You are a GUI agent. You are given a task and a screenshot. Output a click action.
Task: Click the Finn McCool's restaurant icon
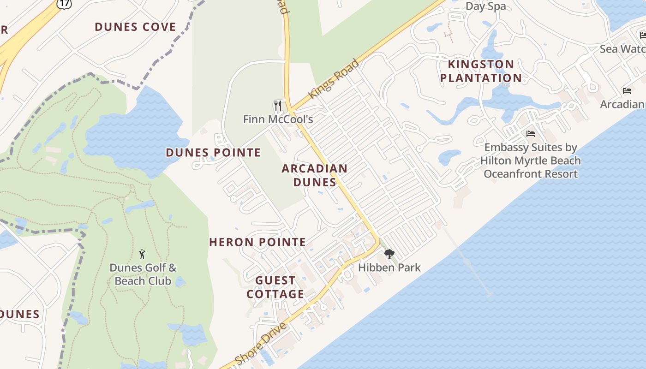(x=278, y=106)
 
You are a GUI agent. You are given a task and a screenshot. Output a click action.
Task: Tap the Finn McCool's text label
(x=278, y=119)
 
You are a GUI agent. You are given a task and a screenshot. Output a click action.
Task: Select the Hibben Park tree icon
(x=389, y=254)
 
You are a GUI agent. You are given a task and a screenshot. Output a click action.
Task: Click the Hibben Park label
(x=389, y=267)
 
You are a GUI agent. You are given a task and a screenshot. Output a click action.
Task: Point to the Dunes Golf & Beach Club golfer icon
(x=142, y=254)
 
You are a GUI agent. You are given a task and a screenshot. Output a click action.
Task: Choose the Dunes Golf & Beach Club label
(x=143, y=274)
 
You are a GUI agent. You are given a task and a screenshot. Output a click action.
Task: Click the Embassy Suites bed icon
(x=531, y=134)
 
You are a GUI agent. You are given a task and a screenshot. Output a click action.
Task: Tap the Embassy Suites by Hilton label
(x=530, y=161)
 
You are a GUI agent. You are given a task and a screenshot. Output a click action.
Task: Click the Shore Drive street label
(x=261, y=344)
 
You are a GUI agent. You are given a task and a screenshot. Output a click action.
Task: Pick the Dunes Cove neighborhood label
(x=135, y=27)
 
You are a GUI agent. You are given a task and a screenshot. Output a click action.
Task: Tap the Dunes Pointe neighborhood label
(x=213, y=153)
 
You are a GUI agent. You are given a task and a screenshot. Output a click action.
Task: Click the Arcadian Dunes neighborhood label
(x=315, y=175)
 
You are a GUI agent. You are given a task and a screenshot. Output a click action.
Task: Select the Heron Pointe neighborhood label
(x=257, y=242)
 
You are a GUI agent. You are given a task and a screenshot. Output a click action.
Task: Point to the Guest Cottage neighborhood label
(x=275, y=287)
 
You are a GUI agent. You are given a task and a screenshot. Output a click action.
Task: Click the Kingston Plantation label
(x=481, y=71)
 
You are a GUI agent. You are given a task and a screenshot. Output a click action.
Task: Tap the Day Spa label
(x=485, y=6)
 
